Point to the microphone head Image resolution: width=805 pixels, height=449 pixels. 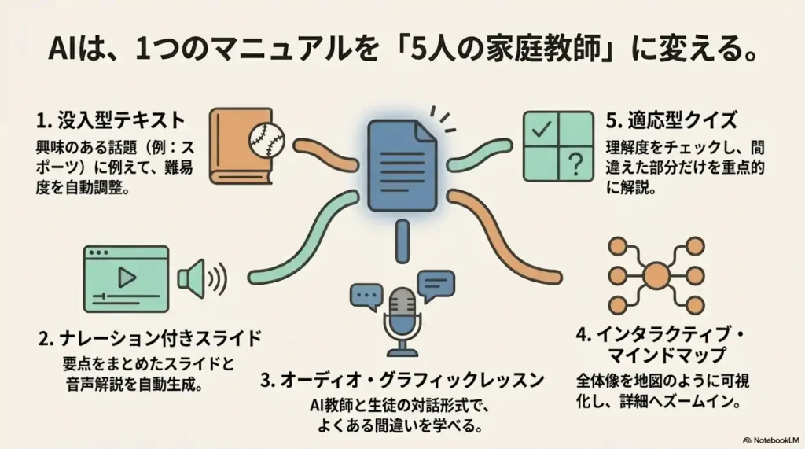pyautogui.click(x=402, y=306)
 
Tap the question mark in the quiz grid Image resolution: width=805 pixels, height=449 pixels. pyautogui.click(x=575, y=164)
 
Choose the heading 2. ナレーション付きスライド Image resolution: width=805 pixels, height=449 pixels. pyautogui.click(x=149, y=339)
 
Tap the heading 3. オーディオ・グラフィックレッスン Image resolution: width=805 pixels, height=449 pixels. pyautogui.click(x=402, y=380)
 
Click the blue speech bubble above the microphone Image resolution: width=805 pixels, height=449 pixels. pyautogui.click(x=436, y=283)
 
